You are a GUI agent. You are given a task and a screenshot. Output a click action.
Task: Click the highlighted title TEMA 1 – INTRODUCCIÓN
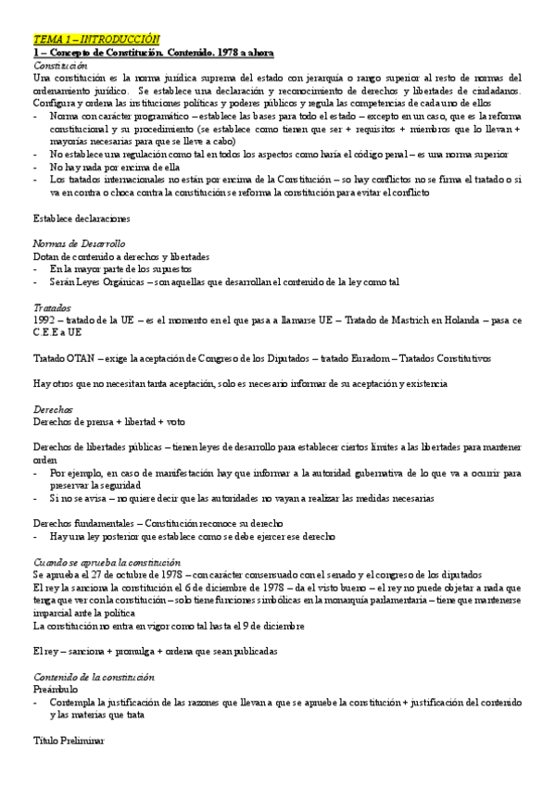point(96,41)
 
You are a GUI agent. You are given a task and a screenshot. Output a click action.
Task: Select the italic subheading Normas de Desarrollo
point(79,243)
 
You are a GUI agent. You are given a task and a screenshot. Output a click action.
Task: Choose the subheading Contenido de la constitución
point(93,677)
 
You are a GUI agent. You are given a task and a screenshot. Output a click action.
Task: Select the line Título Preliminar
point(69,741)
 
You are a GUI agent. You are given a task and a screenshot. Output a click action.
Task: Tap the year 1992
point(45,319)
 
